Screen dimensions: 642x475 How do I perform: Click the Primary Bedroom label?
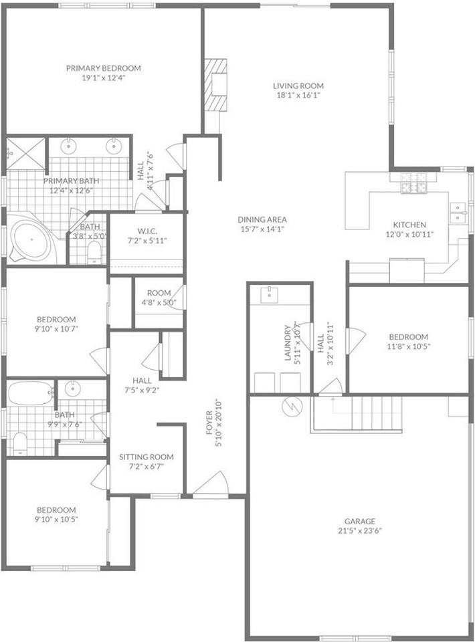pyautogui.click(x=103, y=68)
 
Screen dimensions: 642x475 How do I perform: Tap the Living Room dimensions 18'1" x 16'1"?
pyautogui.click(x=298, y=95)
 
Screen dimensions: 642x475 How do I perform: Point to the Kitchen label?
pyautogui.click(x=409, y=225)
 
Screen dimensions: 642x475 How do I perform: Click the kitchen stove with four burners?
pyautogui.click(x=413, y=183)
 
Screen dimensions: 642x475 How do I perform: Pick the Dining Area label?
pyautogui.click(x=262, y=219)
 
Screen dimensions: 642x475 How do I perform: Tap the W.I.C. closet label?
pyautogui.click(x=147, y=231)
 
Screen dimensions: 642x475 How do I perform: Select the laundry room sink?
pyautogui.click(x=268, y=294)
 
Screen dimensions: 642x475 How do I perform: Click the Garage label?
pyautogui.click(x=360, y=521)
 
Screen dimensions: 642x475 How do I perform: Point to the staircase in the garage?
pyautogui.click(x=375, y=413)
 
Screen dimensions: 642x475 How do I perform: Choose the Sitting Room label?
pyautogui.click(x=146, y=457)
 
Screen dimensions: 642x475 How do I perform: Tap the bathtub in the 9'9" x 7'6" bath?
pyautogui.click(x=29, y=393)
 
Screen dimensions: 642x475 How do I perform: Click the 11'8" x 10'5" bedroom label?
pyautogui.click(x=410, y=336)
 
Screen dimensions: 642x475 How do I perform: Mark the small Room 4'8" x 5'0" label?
pyautogui.click(x=159, y=293)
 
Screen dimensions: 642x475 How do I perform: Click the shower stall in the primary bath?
pyautogui.click(x=26, y=153)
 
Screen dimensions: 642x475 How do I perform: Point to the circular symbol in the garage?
pyautogui.click(x=292, y=407)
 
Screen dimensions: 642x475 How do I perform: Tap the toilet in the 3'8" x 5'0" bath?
pyautogui.click(x=94, y=251)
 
